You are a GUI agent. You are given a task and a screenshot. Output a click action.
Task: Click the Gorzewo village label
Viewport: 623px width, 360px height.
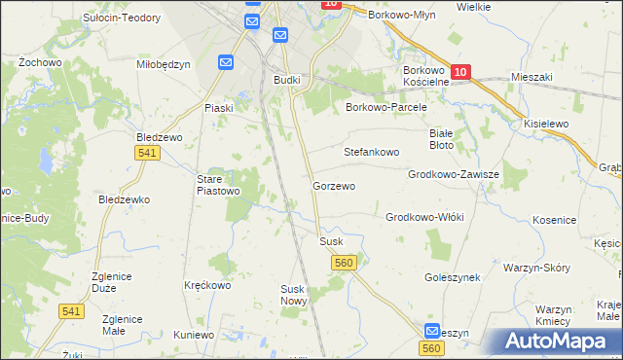pyautogui.click(x=333, y=185)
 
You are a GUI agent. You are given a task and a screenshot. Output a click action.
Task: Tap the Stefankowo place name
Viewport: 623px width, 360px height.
pyautogui.click(x=372, y=153)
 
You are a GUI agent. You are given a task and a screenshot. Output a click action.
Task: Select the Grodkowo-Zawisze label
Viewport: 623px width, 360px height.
pyautogui.click(x=454, y=174)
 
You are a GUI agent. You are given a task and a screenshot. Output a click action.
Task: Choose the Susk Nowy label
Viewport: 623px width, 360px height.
pyautogui.click(x=293, y=295)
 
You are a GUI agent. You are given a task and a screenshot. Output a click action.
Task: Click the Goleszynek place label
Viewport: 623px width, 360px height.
pyautogui.click(x=453, y=277)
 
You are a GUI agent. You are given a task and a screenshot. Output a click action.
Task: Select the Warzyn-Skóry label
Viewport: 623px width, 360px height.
pyautogui.click(x=535, y=267)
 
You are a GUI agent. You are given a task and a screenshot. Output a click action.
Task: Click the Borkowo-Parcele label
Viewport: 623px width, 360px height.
pyautogui.click(x=386, y=107)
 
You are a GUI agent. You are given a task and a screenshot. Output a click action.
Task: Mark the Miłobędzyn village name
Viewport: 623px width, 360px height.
pyautogui.click(x=163, y=64)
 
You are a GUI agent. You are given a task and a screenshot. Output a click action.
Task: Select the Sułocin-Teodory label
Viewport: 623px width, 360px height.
pyautogui.click(x=120, y=18)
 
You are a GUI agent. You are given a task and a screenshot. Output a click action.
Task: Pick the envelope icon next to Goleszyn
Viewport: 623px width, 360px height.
pyautogui.click(x=433, y=331)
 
